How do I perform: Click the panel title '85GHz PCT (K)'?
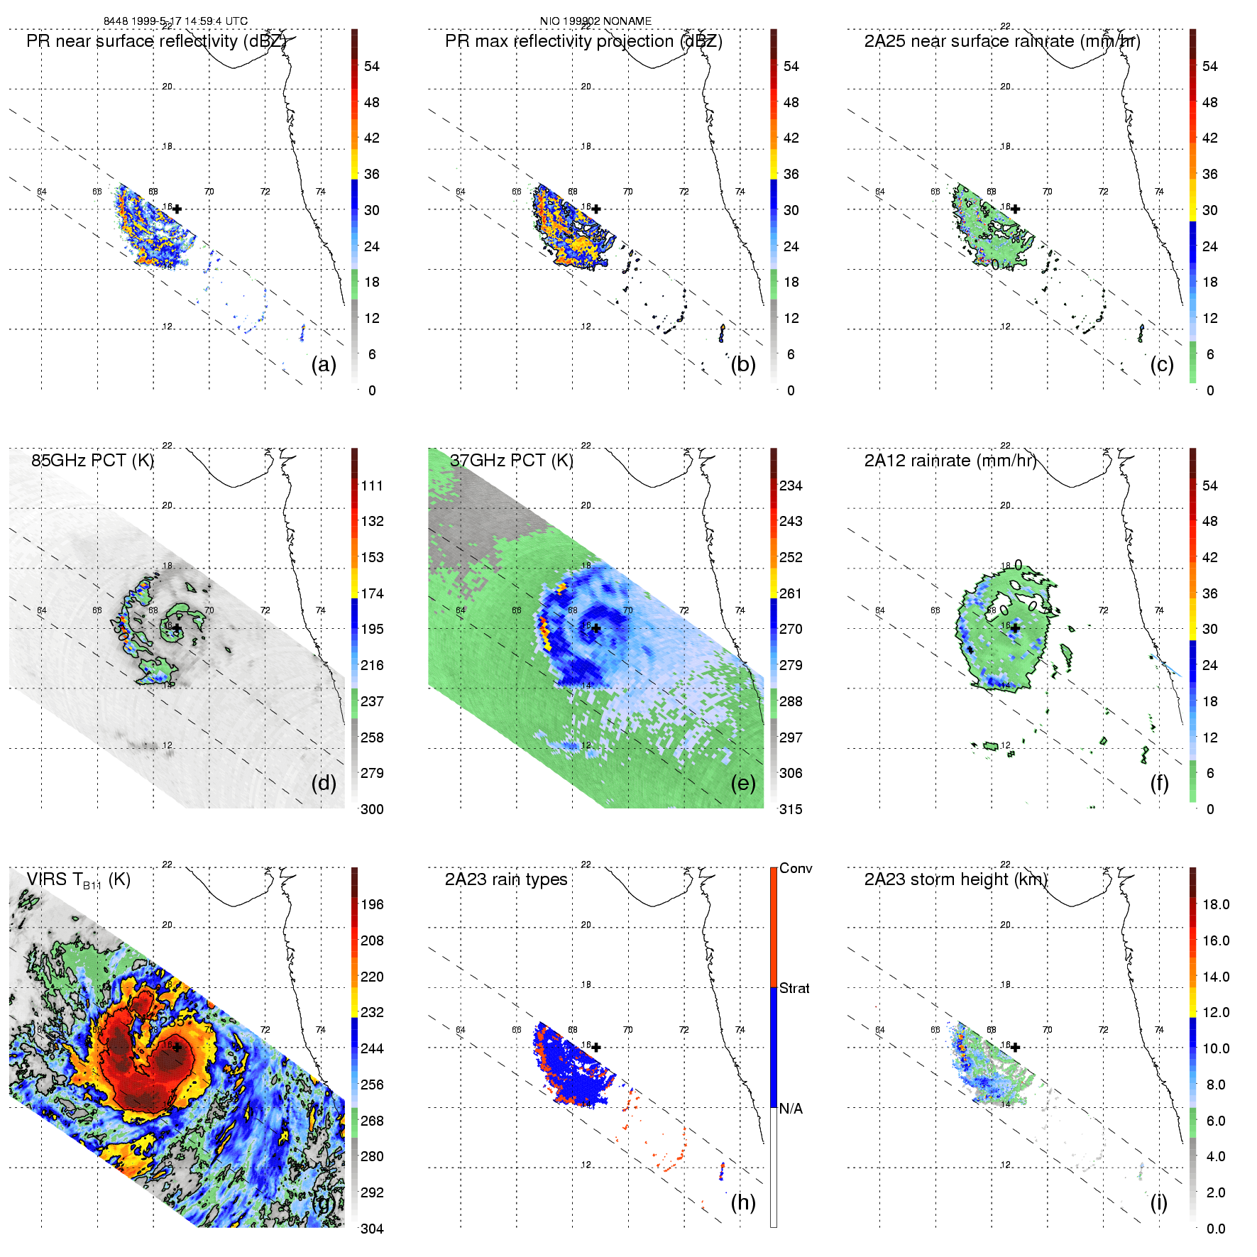[x=92, y=461]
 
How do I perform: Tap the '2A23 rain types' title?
[x=506, y=879]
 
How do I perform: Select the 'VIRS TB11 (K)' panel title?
[x=78, y=880]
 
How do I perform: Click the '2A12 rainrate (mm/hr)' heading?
[x=950, y=461]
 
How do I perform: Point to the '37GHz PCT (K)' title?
[x=511, y=461]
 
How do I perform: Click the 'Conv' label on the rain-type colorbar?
[x=796, y=868]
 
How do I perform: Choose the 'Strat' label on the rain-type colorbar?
[x=794, y=988]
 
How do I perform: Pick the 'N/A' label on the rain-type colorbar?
[x=791, y=1109]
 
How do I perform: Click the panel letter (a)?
[x=324, y=364]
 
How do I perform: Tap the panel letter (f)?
[x=1159, y=783]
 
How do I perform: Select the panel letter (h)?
[x=743, y=1202]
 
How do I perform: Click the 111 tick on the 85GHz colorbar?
[x=372, y=485]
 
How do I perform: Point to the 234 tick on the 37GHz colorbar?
[x=791, y=485]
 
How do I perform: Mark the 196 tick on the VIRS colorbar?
[x=372, y=904]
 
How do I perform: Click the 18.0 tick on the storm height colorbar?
[x=1216, y=904]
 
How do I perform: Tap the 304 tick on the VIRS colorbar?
[x=372, y=1229]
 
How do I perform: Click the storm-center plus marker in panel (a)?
[x=177, y=209]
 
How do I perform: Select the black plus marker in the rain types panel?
[x=596, y=1047]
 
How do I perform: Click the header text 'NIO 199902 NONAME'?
[x=595, y=21]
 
